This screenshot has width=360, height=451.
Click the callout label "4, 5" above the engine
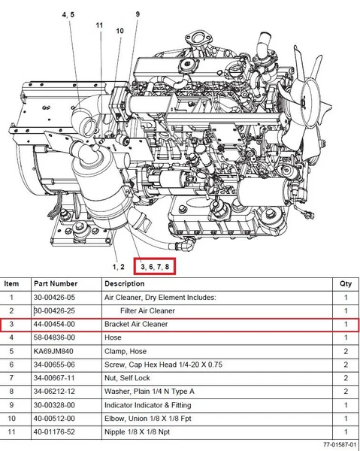tap(68, 14)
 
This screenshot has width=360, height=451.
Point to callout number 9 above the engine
tap(138, 14)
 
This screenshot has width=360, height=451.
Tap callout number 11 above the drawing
tap(99, 26)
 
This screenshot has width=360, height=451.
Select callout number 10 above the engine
tap(120, 31)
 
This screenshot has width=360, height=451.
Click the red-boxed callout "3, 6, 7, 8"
tap(155, 267)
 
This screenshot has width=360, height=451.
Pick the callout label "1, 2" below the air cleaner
tap(119, 267)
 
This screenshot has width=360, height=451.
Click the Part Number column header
tap(56, 283)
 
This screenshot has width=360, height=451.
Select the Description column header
tap(125, 283)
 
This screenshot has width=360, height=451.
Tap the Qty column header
tap(346, 284)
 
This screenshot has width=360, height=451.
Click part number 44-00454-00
tap(54, 324)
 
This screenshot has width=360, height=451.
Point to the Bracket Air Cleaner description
tap(136, 324)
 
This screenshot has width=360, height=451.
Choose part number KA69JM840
tap(53, 351)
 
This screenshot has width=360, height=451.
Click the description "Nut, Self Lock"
tap(127, 378)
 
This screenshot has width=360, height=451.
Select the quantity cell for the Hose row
tap(346, 337)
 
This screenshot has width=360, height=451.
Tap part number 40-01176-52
tap(54, 431)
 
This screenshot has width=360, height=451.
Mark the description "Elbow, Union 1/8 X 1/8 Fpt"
tap(148, 419)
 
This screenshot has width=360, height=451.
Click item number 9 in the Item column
tap(11, 405)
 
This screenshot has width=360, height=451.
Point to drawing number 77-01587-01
tap(339, 445)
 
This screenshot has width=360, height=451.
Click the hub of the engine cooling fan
tap(304, 101)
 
